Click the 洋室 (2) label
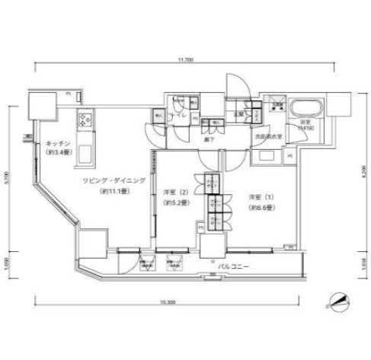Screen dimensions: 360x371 [176, 193]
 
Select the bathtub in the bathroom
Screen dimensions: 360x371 [307, 107]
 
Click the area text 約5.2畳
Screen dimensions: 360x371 [176, 202]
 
